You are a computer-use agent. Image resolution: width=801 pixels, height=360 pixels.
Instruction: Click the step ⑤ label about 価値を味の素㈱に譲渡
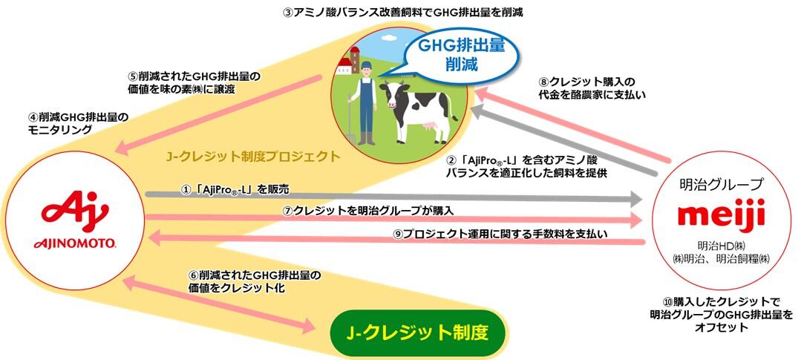197,82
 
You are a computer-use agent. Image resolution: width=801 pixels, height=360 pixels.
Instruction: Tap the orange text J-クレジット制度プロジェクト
253,157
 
